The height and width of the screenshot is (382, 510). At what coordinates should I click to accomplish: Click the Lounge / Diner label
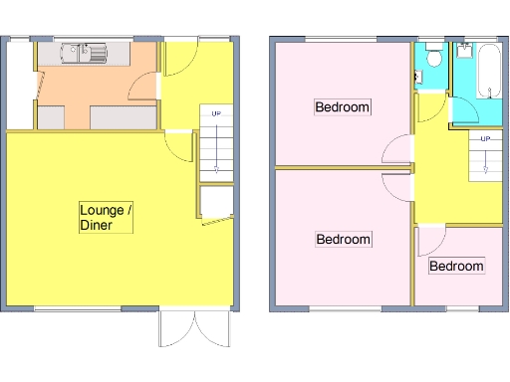[x=106, y=218]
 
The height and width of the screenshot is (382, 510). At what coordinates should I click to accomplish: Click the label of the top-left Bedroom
[x=343, y=107]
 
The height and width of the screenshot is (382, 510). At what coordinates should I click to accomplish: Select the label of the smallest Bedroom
[x=456, y=267]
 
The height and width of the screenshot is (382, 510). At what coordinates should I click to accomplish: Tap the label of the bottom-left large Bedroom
[x=343, y=240]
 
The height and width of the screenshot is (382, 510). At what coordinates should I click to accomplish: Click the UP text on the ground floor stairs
[x=216, y=113]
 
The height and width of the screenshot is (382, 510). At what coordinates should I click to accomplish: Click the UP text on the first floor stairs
[x=484, y=138]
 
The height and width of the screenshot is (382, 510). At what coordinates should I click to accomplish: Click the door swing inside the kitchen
[x=145, y=91]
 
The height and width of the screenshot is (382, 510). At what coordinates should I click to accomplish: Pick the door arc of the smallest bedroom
[x=431, y=239]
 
